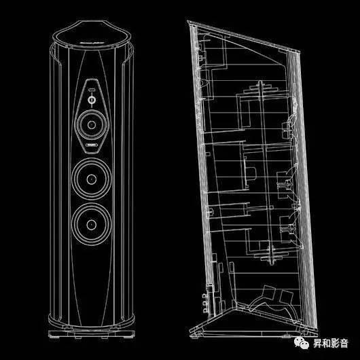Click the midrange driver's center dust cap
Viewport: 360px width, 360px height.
tap(92, 125)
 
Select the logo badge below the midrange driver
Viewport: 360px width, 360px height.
tap(92, 145)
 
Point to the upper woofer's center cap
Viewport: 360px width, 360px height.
tap(92, 179)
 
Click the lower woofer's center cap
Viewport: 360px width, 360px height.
tap(92, 225)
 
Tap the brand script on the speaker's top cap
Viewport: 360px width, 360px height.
tap(92, 43)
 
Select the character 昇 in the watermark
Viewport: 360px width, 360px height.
tap(318, 343)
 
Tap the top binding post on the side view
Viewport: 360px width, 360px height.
tap(204, 296)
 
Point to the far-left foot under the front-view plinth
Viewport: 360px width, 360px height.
tap(56, 338)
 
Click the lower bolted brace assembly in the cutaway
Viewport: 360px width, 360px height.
tap(272, 255)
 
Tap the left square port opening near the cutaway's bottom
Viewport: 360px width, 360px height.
tap(268, 293)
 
